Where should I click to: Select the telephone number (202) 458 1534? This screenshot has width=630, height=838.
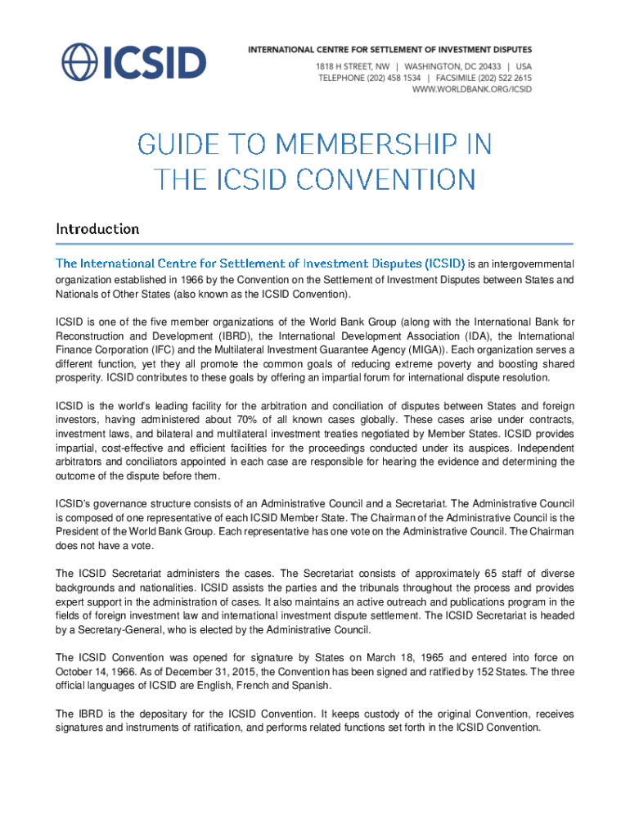(394, 78)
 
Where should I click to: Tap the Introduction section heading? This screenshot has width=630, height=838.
(97, 229)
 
